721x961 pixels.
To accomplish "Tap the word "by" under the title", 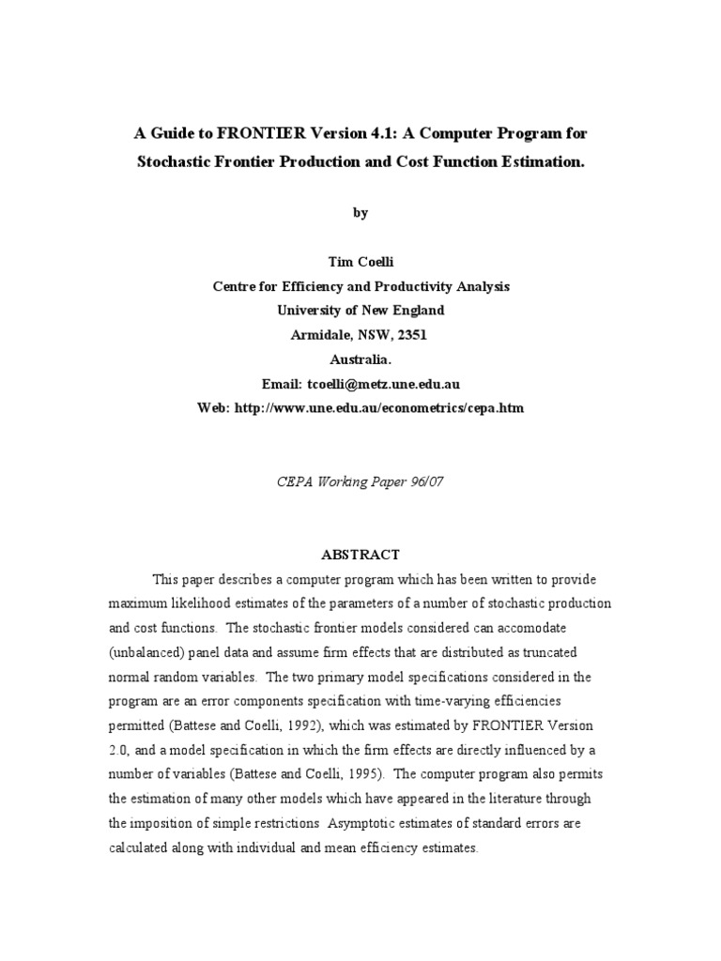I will coord(360,213).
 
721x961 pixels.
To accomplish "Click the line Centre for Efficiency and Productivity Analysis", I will coord(360,287).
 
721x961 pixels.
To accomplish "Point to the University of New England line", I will coord(360,311).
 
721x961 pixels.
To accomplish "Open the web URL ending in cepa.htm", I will coord(384,408).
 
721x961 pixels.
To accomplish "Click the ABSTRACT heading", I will coord(360,555).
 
